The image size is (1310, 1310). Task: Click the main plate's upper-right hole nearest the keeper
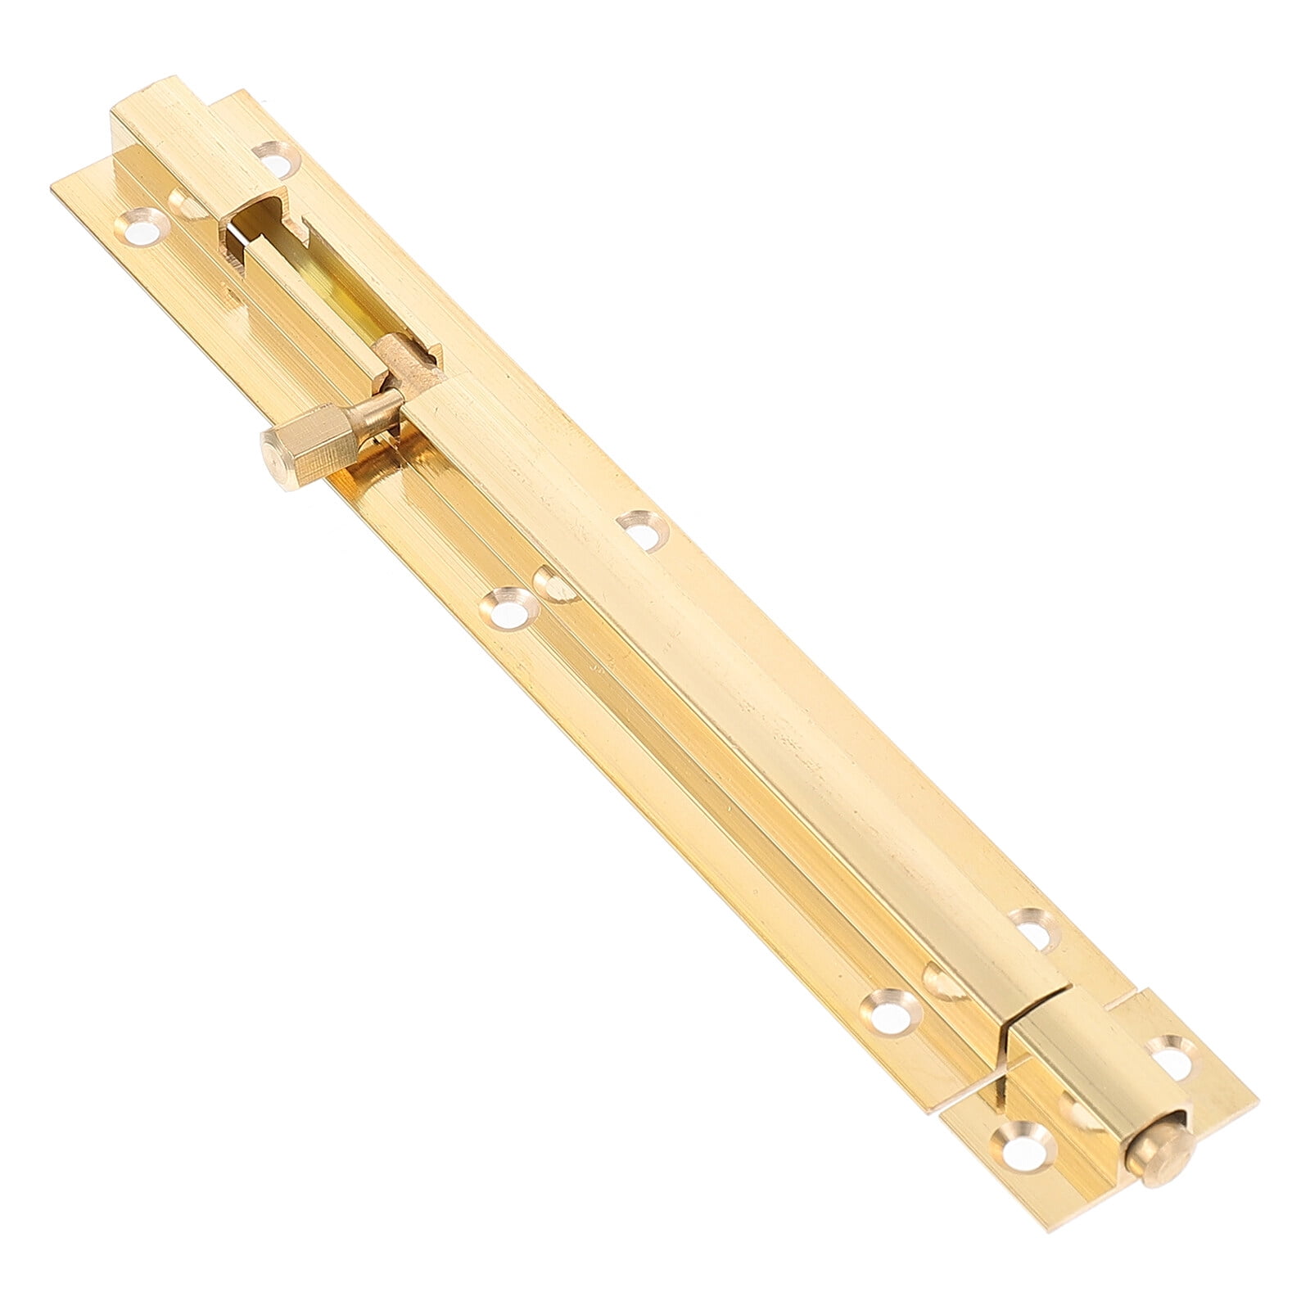pyautogui.click(x=1034, y=929)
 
